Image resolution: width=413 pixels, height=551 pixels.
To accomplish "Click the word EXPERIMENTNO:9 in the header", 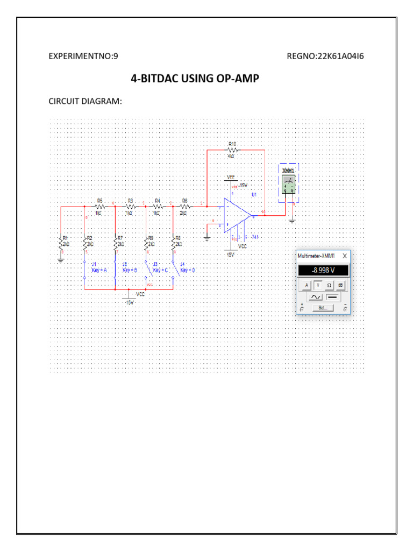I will [83, 56].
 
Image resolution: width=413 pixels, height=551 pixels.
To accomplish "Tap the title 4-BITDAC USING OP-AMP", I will [195, 79].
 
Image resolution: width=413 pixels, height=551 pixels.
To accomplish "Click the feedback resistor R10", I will [232, 150].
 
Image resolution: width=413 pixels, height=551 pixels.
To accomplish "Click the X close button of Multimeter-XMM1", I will [345, 256].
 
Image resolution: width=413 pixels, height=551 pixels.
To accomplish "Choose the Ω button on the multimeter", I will [329, 285].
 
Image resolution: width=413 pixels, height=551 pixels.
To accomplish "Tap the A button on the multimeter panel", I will [306, 285].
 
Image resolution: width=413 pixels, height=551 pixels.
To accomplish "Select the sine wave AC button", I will [315, 296].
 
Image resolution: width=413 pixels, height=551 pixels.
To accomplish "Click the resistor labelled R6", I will [184, 206].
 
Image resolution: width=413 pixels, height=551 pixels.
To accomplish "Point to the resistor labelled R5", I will [99, 206].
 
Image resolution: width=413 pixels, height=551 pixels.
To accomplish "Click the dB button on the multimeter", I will [340, 285].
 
